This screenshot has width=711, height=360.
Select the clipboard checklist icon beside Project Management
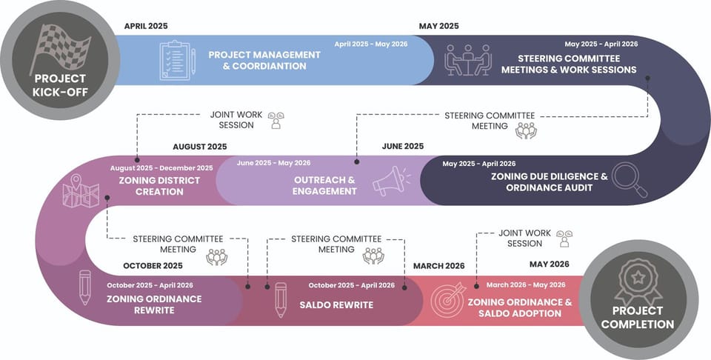coord(177,60)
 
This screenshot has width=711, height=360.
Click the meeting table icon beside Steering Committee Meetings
coord(467,60)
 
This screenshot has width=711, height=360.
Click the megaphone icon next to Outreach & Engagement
coord(390,181)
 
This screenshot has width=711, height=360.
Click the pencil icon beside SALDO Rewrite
coord(280,299)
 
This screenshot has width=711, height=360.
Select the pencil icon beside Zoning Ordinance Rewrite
coord(84,287)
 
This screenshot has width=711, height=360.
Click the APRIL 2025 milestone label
coord(146,26)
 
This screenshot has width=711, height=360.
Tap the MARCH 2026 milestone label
coord(439,265)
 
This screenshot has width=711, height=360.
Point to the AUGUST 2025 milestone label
coord(200,147)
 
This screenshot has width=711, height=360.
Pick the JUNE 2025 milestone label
coord(403,147)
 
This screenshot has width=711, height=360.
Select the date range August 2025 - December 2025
coord(161,168)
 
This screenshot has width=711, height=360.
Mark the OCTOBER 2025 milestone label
coord(153,265)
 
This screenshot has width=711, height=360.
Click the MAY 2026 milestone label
coord(550,264)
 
